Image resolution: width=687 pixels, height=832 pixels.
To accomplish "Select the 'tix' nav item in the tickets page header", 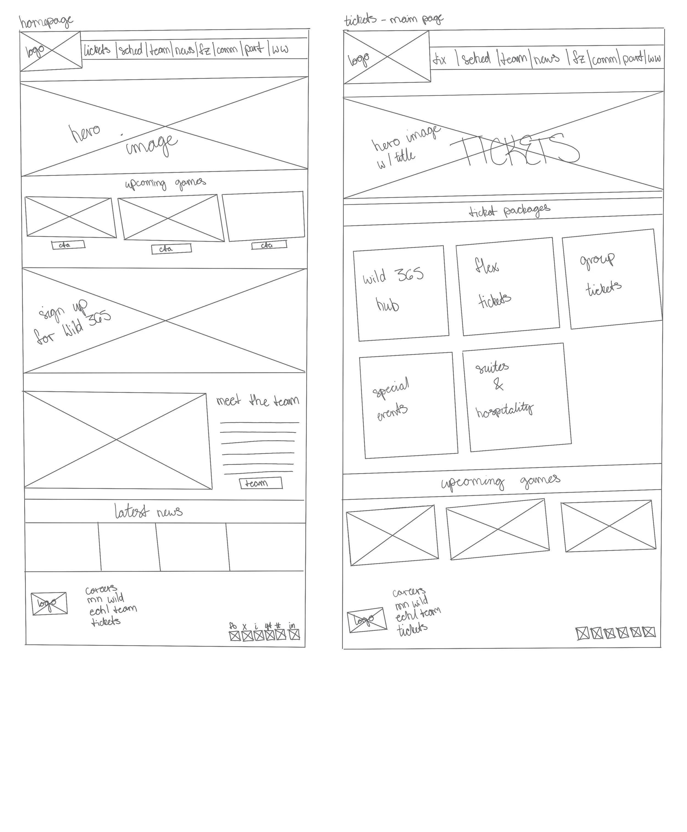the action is click(440, 60).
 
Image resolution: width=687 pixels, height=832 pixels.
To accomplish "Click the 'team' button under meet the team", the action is click(261, 483).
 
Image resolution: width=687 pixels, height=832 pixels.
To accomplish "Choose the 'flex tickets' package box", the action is click(508, 286).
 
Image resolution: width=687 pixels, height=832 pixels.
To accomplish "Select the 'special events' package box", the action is click(408, 405).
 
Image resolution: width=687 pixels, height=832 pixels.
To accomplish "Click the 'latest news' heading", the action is click(148, 512).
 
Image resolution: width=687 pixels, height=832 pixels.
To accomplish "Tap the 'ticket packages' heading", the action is click(509, 210).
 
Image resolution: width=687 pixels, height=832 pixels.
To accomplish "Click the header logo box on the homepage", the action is click(51, 51).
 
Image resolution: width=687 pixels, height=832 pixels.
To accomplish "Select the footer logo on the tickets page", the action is click(367, 620).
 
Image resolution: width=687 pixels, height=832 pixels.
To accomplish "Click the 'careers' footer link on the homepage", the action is click(101, 589).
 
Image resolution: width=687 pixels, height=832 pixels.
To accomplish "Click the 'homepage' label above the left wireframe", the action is click(46, 22).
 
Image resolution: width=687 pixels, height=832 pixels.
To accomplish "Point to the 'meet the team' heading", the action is click(257, 401).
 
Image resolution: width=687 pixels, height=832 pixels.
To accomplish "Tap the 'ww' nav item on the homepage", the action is click(280, 49).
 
